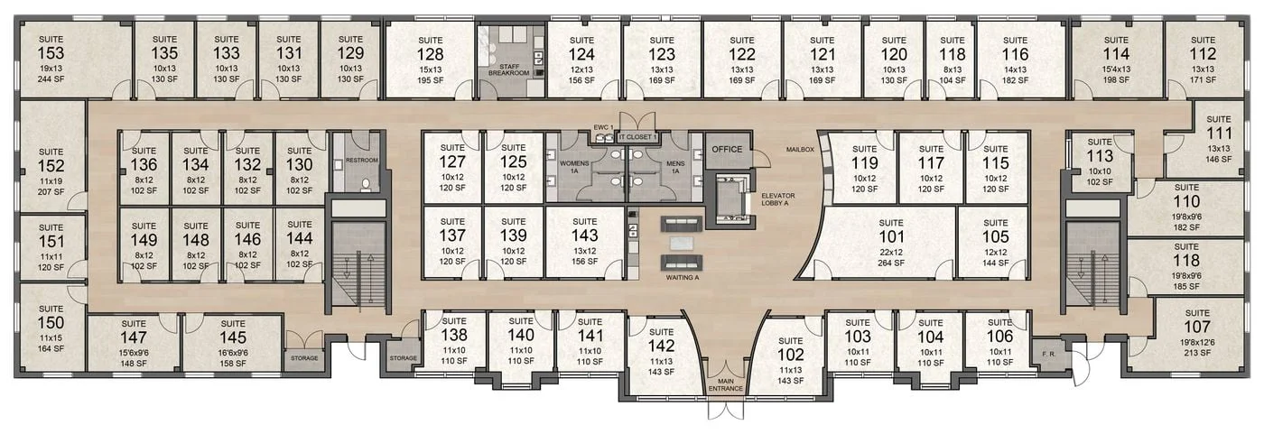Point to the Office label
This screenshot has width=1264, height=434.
click(727, 149)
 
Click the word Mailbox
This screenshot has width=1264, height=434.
click(800, 149)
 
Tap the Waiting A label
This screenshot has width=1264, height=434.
click(683, 278)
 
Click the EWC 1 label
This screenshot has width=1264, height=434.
click(603, 127)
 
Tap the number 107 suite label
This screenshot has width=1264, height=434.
click(1197, 326)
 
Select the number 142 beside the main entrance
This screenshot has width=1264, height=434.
click(662, 346)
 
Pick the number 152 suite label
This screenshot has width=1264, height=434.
click(51, 166)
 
